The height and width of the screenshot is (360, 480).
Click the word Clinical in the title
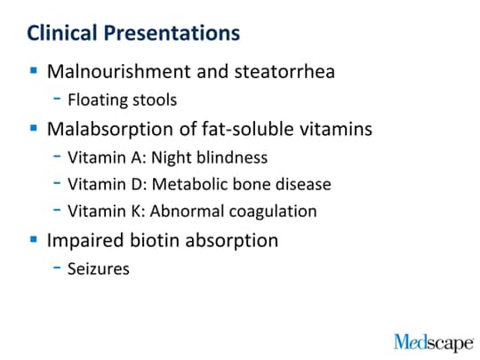(x=62, y=33)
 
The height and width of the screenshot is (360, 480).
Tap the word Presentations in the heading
(x=172, y=33)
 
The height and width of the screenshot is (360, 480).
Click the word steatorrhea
(x=284, y=72)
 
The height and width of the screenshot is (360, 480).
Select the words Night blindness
(x=210, y=157)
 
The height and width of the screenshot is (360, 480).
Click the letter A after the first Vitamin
(x=137, y=157)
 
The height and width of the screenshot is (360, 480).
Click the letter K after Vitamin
(x=136, y=212)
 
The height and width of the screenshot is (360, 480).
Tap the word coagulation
(x=273, y=212)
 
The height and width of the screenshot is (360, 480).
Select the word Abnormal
(x=187, y=212)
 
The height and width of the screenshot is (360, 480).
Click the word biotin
(x=155, y=240)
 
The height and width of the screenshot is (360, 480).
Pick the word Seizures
(x=99, y=268)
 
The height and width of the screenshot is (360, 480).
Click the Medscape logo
(x=434, y=343)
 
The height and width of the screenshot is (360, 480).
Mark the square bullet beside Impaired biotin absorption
(x=34, y=239)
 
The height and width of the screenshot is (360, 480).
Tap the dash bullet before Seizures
(x=57, y=268)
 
